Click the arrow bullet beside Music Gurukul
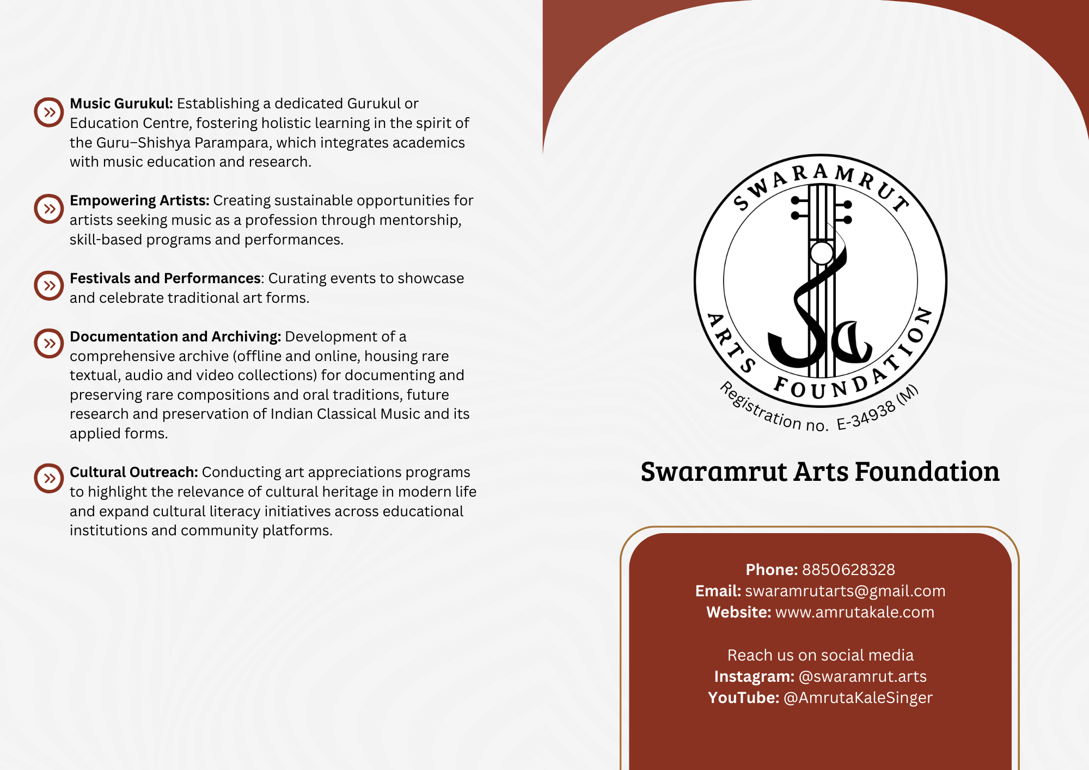click(x=49, y=113)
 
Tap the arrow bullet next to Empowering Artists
click(x=49, y=209)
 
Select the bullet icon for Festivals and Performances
click(x=49, y=286)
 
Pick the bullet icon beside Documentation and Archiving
click(x=49, y=344)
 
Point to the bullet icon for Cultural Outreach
click(x=49, y=479)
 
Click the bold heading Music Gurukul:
click(x=121, y=103)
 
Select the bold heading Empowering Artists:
click(x=139, y=200)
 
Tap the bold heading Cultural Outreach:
click(x=134, y=472)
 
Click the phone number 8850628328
click(x=848, y=570)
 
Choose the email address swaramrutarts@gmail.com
click(x=845, y=591)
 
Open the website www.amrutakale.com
click(x=854, y=612)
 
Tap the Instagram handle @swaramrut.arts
click(x=862, y=676)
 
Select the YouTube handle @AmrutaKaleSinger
click(x=858, y=698)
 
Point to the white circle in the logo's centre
click(x=821, y=253)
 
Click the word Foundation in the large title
click(x=927, y=472)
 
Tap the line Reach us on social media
click(x=821, y=655)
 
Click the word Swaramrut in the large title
click(x=714, y=472)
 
